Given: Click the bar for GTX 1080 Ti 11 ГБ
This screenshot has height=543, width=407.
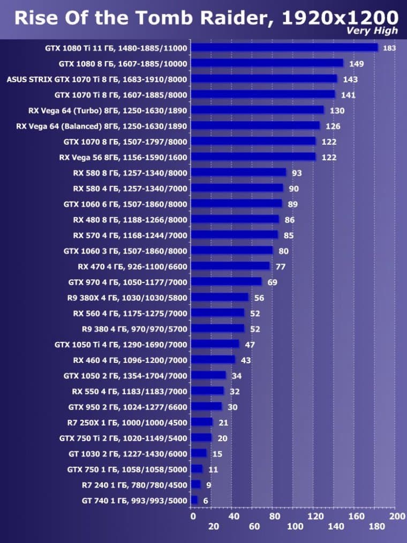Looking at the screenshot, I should pos(284,48).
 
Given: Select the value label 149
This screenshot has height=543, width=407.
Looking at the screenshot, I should pos(356,64).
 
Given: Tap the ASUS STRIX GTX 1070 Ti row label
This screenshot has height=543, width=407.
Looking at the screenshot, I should pos(97,79).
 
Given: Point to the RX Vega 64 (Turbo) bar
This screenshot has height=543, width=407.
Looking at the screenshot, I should pos(258,110).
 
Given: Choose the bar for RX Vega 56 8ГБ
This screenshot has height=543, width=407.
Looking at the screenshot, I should pos(253,157).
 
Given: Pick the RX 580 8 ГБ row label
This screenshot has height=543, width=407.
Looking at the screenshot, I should pos(130,173).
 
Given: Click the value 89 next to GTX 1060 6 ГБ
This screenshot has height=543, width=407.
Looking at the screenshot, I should pos(293,204).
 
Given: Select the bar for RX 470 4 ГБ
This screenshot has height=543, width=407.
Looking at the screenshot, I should pos(230,266).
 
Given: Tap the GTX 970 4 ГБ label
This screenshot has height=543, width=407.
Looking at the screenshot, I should pos(128,281).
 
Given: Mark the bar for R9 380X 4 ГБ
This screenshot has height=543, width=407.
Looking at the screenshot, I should pos(220,297).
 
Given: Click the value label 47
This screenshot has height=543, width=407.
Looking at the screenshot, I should pos(250,344).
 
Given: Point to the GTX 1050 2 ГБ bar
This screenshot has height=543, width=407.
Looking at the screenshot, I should pos(208,375).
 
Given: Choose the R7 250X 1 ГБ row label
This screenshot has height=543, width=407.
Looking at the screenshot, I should pos(127,422).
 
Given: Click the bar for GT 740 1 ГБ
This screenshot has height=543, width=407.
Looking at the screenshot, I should pos(194,500).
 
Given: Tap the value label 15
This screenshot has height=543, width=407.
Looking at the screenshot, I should pos(217,454).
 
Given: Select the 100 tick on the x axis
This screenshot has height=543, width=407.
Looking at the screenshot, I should pos(295,527).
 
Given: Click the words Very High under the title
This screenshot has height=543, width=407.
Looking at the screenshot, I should pos(372,31).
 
